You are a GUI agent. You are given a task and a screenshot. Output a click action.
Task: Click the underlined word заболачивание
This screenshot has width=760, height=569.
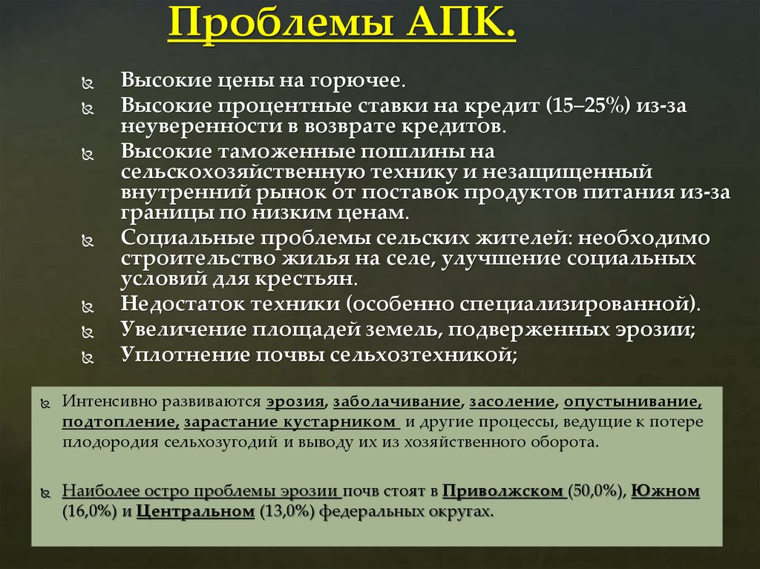[397, 401]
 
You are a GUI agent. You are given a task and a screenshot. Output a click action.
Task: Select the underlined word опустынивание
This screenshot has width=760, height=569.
[632, 401]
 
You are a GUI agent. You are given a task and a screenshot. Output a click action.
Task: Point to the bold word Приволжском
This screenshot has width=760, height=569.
[505, 492]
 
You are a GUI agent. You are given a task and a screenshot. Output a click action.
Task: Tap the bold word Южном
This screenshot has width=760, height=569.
[666, 492]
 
